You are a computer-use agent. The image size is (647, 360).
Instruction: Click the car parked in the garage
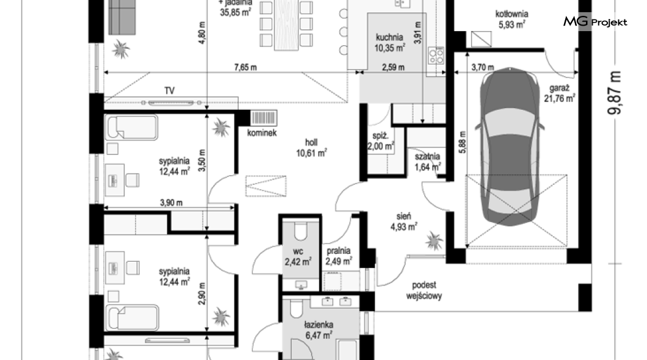(510, 146)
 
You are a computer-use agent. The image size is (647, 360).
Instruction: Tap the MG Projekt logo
(595, 21)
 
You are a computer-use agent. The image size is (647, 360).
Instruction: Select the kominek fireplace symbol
(264, 118)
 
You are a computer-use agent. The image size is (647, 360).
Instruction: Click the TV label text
(169, 91)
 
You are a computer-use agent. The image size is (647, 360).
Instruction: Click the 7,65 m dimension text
(245, 67)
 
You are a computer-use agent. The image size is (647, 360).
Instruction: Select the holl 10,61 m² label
(311, 148)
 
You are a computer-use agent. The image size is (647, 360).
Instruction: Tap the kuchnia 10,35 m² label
(389, 43)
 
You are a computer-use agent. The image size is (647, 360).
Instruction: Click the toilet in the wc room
(301, 231)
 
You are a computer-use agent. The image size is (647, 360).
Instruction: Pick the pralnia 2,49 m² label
(339, 256)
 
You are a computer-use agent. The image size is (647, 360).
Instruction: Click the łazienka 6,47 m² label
(319, 330)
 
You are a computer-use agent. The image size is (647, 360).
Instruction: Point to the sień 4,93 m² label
(403, 221)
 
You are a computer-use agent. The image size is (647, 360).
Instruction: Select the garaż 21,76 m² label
(560, 93)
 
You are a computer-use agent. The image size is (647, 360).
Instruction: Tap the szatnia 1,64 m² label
(427, 162)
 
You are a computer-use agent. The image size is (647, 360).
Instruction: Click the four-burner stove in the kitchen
(436, 56)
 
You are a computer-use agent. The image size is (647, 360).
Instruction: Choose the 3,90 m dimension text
(172, 203)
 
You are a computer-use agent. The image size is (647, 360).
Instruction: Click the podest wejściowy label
(424, 290)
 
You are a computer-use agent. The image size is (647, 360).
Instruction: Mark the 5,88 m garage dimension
(462, 142)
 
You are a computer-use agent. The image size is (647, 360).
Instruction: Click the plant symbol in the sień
(434, 240)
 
